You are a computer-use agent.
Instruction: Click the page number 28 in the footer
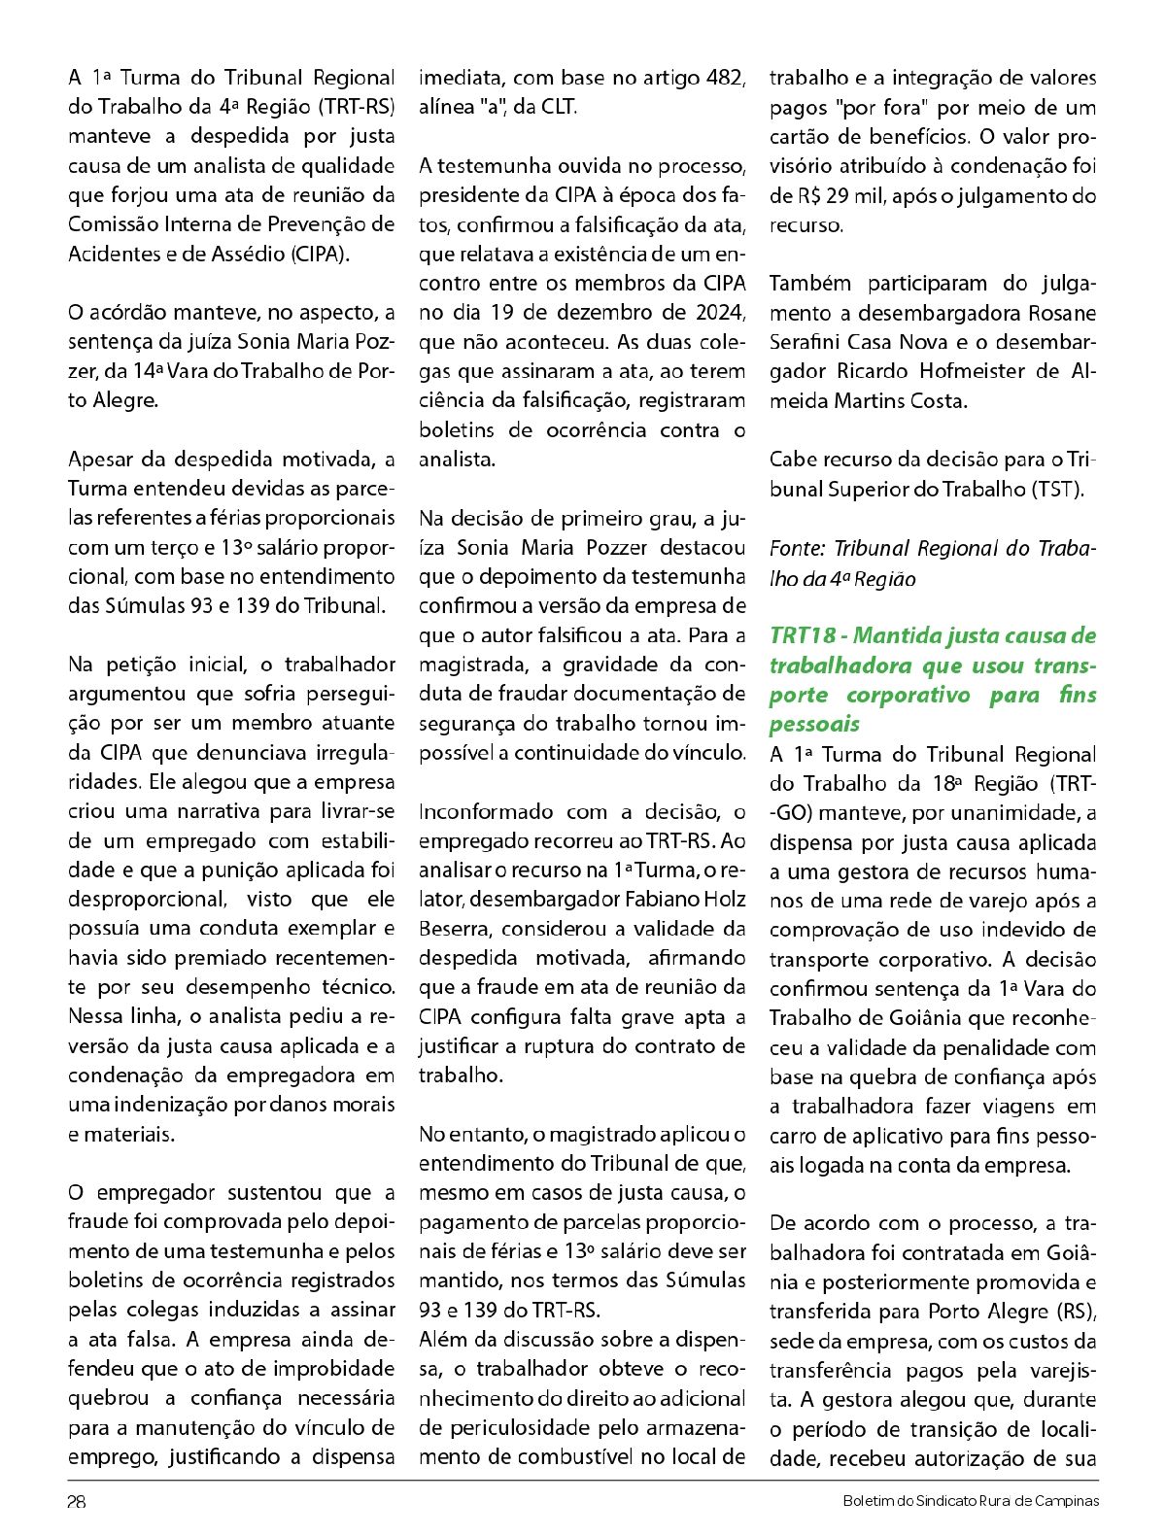(77, 1501)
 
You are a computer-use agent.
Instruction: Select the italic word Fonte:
(797, 549)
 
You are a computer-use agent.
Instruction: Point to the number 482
(726, 79)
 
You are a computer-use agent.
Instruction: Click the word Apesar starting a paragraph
(102, 460)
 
